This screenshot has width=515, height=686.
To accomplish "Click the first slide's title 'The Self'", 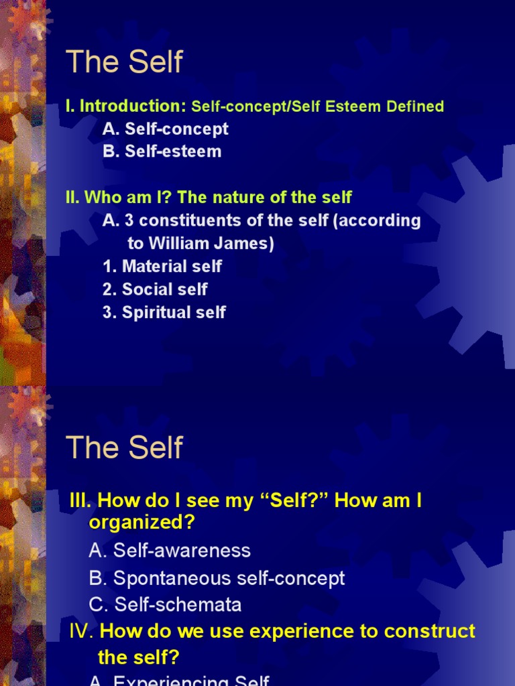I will click(x=124, y=62).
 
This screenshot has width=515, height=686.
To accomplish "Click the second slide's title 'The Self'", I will click(x=124, y=447).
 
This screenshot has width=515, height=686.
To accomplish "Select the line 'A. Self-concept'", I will click(x=166, y=129).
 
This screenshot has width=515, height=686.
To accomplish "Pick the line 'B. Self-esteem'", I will click(x=162, y=151).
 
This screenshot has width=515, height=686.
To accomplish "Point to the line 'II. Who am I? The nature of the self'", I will click(x=209, y=198).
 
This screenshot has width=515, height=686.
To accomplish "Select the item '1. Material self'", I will click(x=162, y=267).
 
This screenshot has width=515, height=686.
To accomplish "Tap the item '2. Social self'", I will click(x=155, y=289).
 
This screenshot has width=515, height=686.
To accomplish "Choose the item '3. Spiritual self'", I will click(x=164, y=312).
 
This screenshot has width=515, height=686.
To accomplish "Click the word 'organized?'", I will click(x=146, y=522).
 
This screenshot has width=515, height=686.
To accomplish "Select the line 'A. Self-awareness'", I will click(x=170, y=551).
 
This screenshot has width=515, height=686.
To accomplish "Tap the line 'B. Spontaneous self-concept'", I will click(x=217, y=578).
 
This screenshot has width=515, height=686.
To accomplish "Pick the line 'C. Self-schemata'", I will click(x=165, y=605).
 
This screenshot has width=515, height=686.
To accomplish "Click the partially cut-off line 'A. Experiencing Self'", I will click(x=179, y=680).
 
